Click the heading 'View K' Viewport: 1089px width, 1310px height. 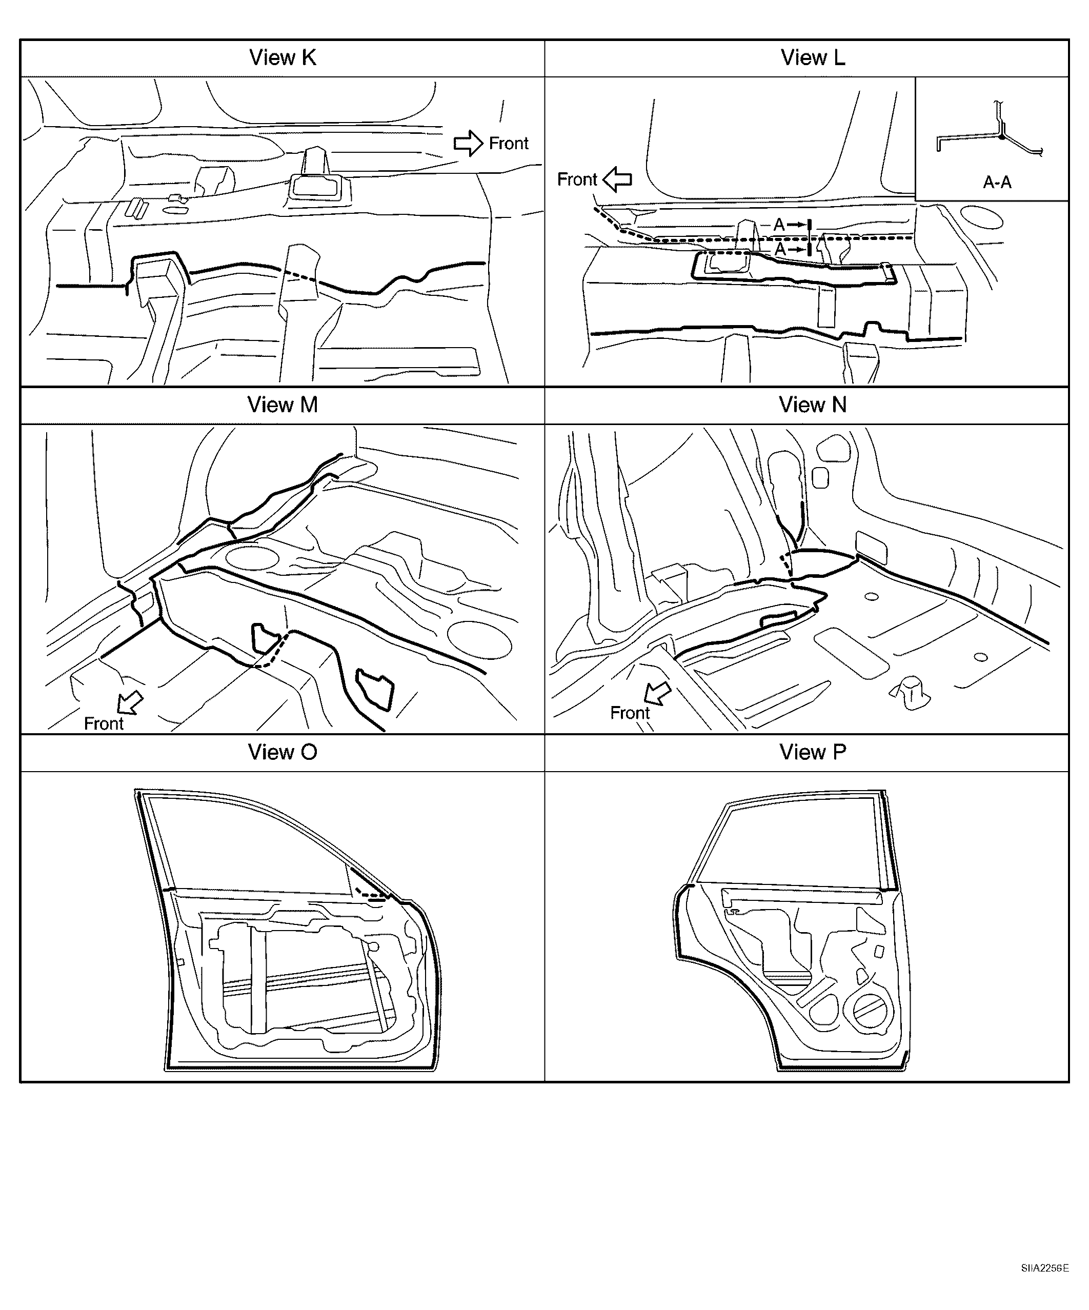(x=283, y=58)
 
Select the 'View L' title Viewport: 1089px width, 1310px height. (x=813, y=58)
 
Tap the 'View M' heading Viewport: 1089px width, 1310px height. (x=283, y=405)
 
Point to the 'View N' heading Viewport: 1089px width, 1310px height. (x=813, y=405)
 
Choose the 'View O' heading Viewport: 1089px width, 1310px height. (x=283, y=752)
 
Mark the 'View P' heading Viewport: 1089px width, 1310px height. (x=813, y=752)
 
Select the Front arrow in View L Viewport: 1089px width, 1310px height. (x=617, y=179)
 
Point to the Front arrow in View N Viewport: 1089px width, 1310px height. (x=657, y=692)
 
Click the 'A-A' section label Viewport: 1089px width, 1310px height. (x=997, y=182)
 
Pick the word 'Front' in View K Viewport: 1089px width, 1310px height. (x=508, y=144)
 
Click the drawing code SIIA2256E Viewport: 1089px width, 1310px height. (x=1045, y=1281)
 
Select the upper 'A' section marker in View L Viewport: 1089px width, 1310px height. (x=779, y=225)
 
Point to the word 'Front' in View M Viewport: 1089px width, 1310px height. (x=104, y=723)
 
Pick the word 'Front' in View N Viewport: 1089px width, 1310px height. (x=630, y=713)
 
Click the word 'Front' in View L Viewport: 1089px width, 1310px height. (x=577, y=179)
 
